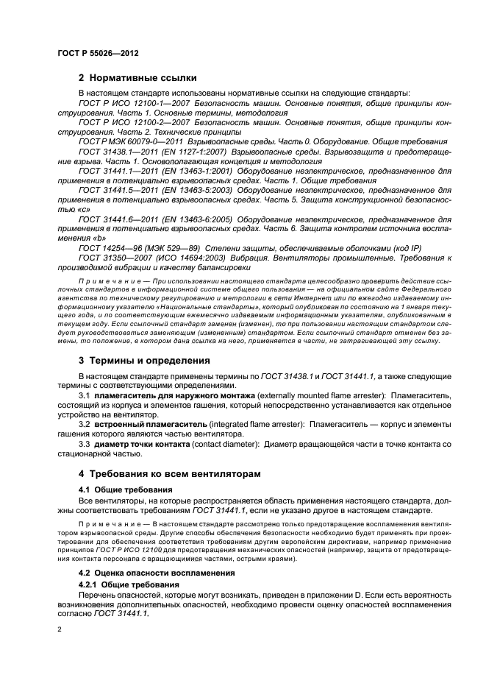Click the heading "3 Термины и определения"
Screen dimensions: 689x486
tap(144, 361)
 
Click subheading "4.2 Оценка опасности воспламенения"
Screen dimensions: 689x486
tap(157, 572)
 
